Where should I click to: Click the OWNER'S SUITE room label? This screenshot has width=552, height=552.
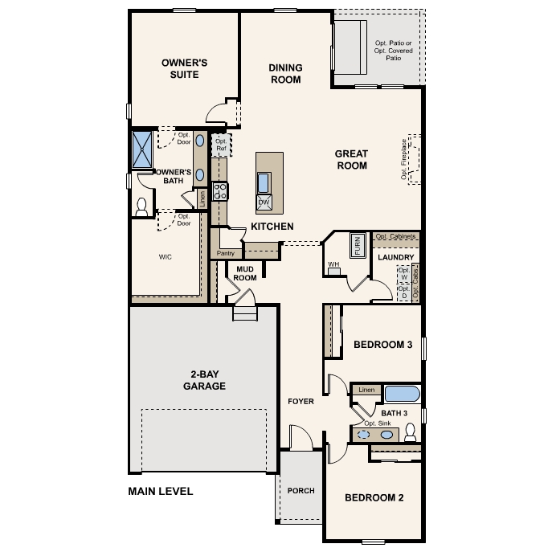point(185,68)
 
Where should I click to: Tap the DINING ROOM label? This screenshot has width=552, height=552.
point(284,74)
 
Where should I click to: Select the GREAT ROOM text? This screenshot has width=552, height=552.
point(351,160)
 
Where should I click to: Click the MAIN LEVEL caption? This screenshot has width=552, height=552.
point(161,491)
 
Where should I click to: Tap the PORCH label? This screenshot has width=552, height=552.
point(301,491)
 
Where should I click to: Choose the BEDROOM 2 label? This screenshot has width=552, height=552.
point(374,497)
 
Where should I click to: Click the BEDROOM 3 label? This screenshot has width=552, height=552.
point(382,345)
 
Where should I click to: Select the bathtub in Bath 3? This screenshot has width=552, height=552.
point(401,394)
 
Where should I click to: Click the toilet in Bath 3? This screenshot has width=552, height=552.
point(410,434)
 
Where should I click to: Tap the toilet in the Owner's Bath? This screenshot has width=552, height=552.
point(142,207)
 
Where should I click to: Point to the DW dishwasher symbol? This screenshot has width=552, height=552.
point(264,202)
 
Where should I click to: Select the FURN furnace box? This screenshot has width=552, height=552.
point(357,244)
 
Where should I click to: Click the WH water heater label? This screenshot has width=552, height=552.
point(333,264)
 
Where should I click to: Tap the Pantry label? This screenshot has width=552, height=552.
point(225,253)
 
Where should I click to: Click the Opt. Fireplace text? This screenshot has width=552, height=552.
point(404,159)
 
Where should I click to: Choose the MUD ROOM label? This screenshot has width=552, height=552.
point(245,273)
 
